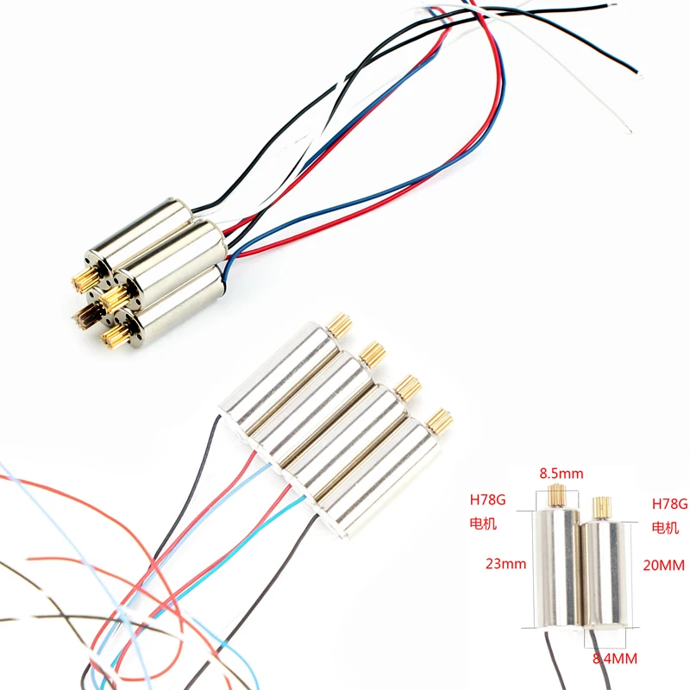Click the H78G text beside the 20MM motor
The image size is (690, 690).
(x=669, y=503)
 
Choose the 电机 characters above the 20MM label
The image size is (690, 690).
(x=665, y=526)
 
